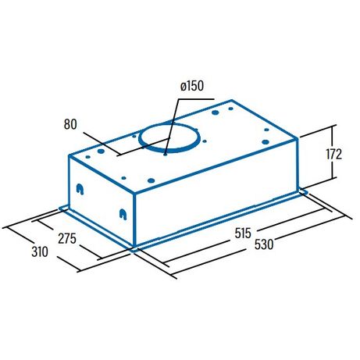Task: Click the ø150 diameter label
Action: point(192,86)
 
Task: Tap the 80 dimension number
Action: point(70,124)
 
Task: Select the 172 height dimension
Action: point(333,154)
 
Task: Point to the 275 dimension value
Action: point(67,239)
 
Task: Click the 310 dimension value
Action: point(40,251)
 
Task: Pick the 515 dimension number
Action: point(243,233)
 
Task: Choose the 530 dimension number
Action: point(264,244)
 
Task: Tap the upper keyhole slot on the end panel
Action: point(80,189)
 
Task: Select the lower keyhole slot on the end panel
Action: point(123,215)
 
